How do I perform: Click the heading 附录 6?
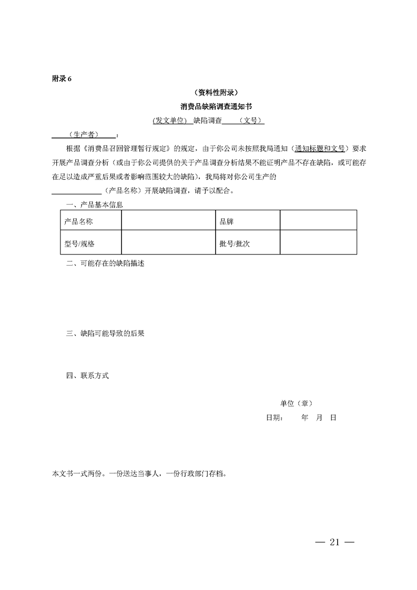pyautogui.click(x=62, y=79)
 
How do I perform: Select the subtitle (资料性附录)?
pyautogui.click(x=208, y=92)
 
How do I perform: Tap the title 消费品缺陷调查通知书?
pyautogui.click(x=208, y=106)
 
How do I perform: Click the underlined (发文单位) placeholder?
pyautogui.click(x=170, y=120)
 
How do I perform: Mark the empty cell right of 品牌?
pyautogui.click(x=318, y=221)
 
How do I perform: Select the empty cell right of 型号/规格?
pyautogui.click(x=168, y=244)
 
